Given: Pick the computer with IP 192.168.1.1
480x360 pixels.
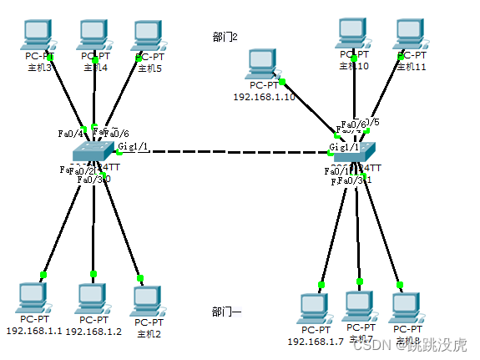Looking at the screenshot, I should pyautogui.click(x=33, y=298).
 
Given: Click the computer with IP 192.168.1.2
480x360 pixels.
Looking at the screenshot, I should pyautogui.click(x=93, y=298).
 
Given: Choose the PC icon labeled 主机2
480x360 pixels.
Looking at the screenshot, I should pyautogui.click(x=148, y=301).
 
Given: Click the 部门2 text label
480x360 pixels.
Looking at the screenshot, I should pyautogui.click(x=225, y=37).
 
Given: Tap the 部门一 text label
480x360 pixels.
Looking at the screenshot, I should pyautogui.click(x=226, y=312).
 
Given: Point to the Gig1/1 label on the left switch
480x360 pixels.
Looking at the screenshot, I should pyautogui.click(x=134, y=146).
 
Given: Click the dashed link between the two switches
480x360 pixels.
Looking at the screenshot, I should pyautogui.click(x=225, y=153).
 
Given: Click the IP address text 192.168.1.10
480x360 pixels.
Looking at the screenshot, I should pyautogui.click(x=264, y=97).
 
